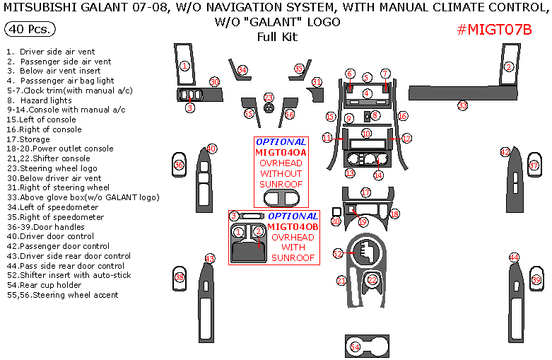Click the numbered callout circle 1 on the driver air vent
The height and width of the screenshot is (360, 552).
click(x=184, y=66)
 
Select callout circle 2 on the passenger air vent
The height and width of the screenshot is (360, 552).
click(x=509, y=67)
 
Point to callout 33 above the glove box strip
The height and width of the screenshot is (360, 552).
click(x=462, y=105)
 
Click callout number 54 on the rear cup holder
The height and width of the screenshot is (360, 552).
click(x=356, y=347)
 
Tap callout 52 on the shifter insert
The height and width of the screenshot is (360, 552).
click(x=338, y=253)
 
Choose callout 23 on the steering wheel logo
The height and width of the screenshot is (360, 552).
click(x=269, y=98)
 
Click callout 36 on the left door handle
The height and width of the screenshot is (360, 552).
click(x=179, y=166)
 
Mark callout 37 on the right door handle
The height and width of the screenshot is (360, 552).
click(x=534, y=166)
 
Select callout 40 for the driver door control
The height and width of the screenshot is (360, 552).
click(x=212, y=149)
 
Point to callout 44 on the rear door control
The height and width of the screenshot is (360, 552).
click(x=514, y=258)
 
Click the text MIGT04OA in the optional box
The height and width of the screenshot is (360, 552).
click(x=281, y=152)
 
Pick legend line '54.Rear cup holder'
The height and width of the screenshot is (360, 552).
click(x=53, y=285)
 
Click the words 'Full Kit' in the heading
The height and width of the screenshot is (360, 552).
click(x=276, y=37)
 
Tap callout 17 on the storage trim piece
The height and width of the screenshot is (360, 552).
click(x=365, y=192)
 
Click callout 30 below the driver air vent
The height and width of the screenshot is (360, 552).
click(x=214, y=82)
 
